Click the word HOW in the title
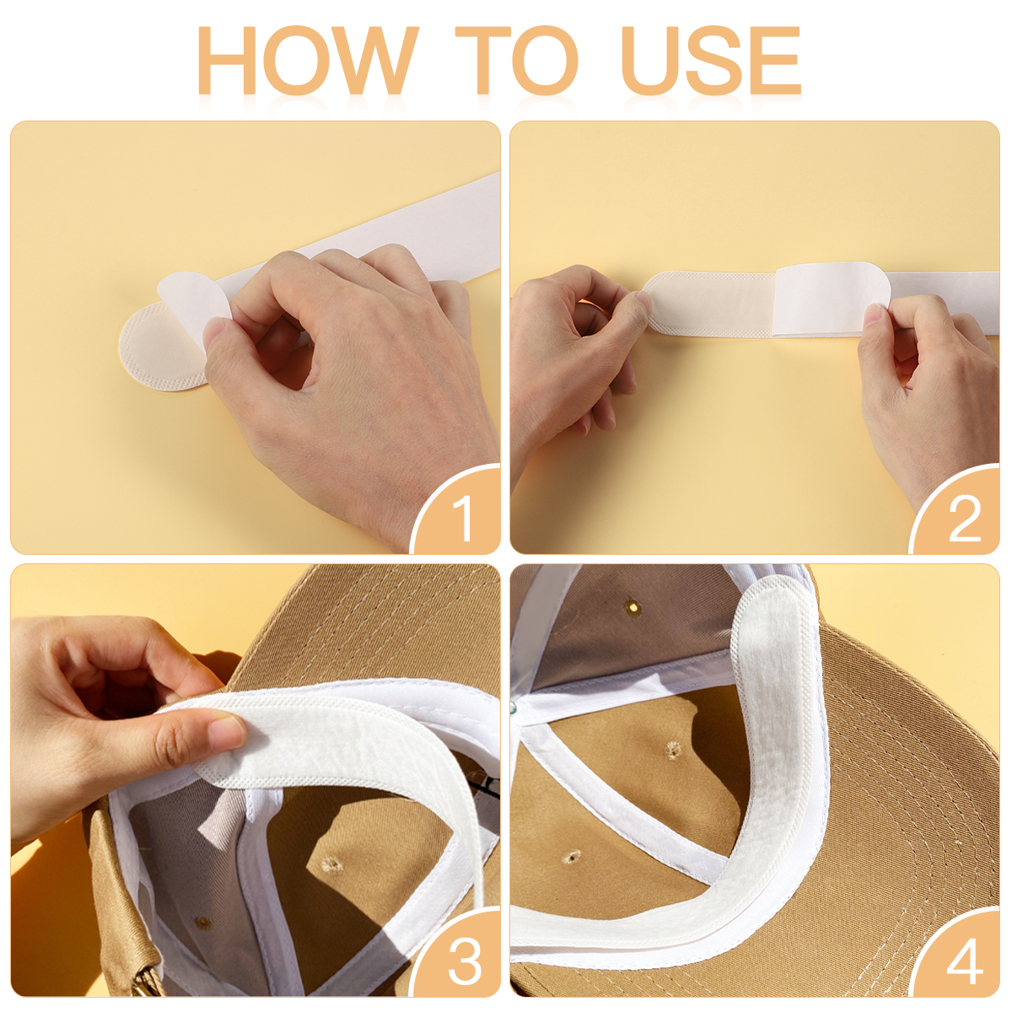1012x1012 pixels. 307,60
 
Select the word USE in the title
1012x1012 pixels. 711,60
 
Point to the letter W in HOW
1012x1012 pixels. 375,60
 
